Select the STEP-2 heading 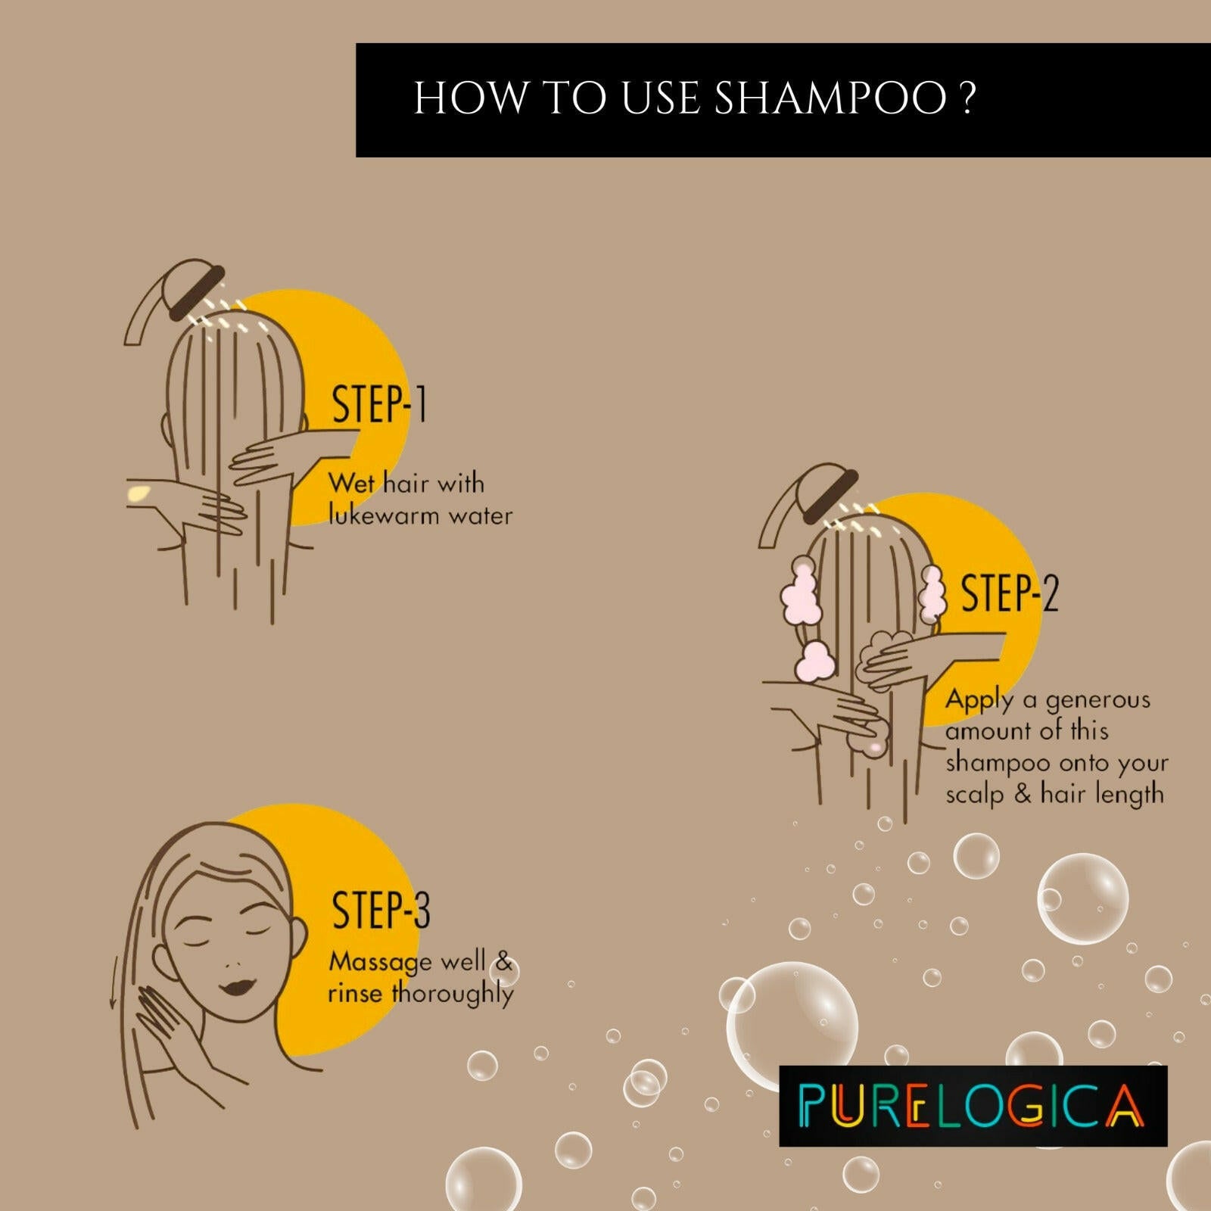(1008, 593)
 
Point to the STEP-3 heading (381, 910)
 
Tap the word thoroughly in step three (453, 994)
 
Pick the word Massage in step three (380, 963)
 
